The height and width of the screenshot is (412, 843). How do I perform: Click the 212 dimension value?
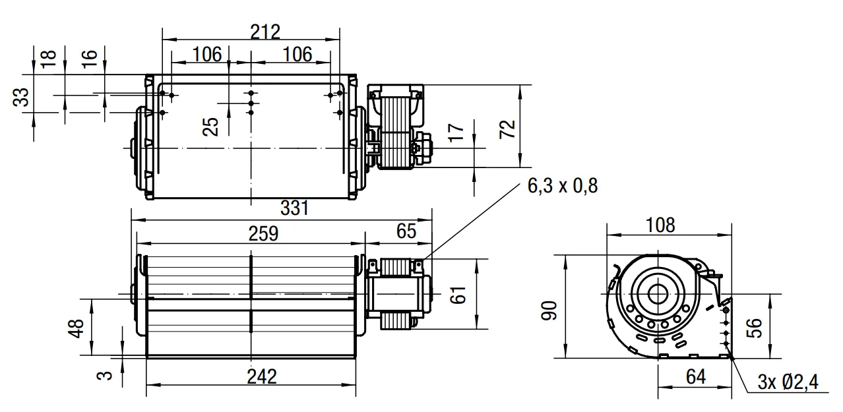point(265,32)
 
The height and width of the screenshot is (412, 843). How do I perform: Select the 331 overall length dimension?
point(294,208)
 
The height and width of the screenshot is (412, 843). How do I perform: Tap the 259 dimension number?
point(263,233)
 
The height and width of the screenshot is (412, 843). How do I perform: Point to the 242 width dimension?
point(262,376)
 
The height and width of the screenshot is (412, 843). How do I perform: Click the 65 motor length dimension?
point(406,231)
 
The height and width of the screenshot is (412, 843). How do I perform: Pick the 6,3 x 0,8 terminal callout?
point(563,186)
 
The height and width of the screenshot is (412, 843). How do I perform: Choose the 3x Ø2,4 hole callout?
point(788,382)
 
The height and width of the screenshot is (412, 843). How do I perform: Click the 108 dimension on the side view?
point(660,225)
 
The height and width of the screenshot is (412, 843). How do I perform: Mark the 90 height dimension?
point(549,310)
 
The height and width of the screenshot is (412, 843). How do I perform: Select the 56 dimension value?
point(754,328)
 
